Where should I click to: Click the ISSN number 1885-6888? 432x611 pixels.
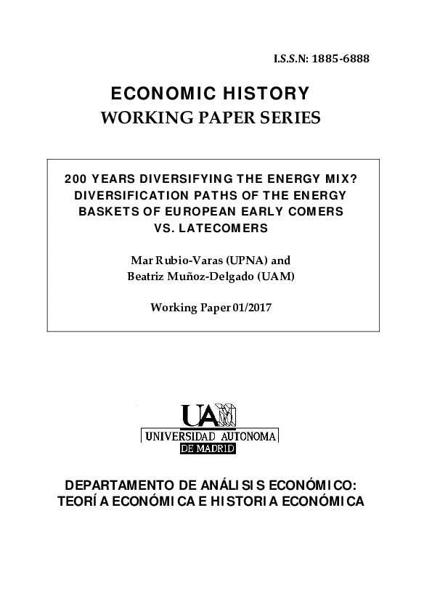coord(341,59)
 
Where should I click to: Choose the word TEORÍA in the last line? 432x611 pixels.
coord(79,501)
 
